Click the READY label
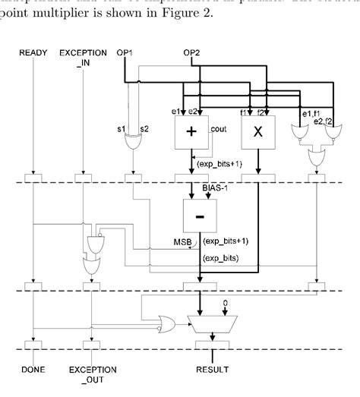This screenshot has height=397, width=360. pyautogui.click(x=34, y=53)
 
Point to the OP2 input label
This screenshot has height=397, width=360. pyautogui.click(x=192, y=53)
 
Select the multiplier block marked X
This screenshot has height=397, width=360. pyautogui.click(x=257, y=134)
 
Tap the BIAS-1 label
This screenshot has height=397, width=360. pyautogui.click(x=215, y=187)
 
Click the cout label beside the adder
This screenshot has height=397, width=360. pyautogui.click(x=217, y=130)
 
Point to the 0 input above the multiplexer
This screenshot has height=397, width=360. pyautogui.click(x=225, y=301)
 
